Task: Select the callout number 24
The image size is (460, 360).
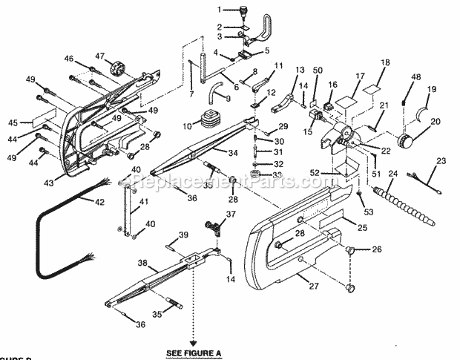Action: [393, 174]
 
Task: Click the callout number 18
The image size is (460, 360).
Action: [385, 63]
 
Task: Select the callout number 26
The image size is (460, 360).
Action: [378, 249]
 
